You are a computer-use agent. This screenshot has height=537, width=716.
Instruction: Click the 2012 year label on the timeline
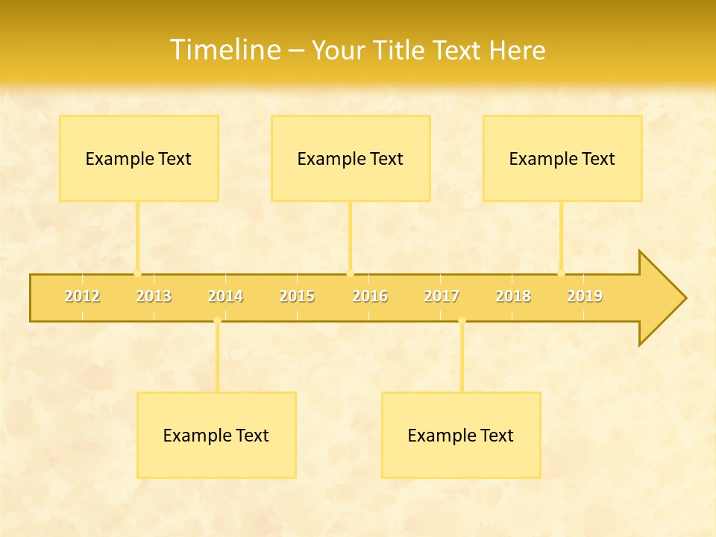(82, 296)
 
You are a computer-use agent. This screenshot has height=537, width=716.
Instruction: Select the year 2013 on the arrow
(154, 296)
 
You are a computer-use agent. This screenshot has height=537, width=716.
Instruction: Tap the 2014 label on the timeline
(225, 296)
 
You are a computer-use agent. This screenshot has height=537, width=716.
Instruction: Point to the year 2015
(297, 296)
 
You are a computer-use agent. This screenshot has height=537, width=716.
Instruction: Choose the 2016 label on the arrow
(370, 296)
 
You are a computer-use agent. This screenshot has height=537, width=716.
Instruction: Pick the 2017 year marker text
(442, 296)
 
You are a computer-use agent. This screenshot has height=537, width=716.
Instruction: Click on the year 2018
(513, 296)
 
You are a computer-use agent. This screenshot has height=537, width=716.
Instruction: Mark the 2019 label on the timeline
(585, 296)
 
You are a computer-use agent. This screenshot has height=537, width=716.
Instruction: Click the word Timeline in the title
(223, 50)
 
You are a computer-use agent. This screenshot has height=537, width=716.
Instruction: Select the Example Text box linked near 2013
(139, 158)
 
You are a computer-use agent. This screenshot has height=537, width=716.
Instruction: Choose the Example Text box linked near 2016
(351, 158)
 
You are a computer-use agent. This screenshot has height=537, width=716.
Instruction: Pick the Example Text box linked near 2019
(562, 158)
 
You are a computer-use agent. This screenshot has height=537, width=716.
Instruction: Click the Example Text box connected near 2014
(216, 435)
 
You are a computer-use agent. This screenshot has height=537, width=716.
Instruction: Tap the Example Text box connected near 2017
(461, 435)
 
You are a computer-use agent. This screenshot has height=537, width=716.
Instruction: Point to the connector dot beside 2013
(137, 273)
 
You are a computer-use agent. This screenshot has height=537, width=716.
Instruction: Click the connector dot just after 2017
(462, 321)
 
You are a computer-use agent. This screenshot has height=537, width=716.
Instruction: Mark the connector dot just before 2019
(561, 273)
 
